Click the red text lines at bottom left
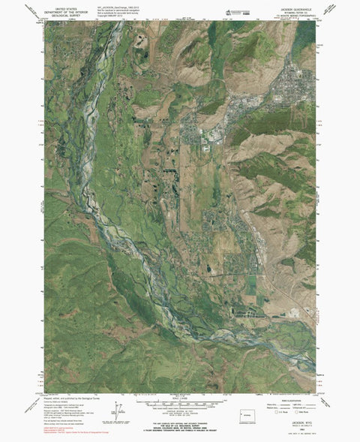click(67, 428)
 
